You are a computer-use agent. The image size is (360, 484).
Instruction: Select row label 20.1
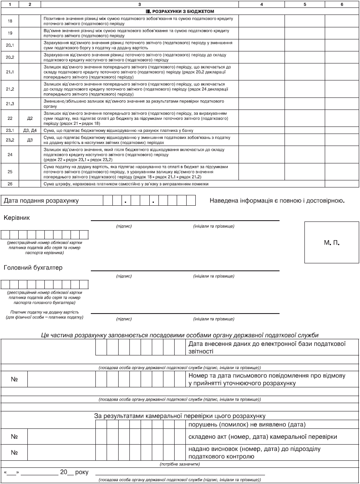coord(10,45)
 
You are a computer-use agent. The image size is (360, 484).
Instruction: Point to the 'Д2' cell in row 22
coord(30,118)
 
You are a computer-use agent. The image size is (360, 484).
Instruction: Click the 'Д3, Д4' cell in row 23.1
coord(30,130)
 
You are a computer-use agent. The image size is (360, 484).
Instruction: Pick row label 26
coord(10,183)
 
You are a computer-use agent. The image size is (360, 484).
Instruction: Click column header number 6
coord(342,4)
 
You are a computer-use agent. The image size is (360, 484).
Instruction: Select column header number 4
coord(261,4)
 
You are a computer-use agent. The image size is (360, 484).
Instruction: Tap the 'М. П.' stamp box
coord(332,242)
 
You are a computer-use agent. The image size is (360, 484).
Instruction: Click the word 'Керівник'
coord(17,217)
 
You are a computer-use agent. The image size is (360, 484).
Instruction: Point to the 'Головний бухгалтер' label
coord(33,268)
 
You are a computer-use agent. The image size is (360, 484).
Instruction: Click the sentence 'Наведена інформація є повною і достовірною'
coord(277,201)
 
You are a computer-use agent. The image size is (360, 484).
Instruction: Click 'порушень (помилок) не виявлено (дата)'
coord(247,425)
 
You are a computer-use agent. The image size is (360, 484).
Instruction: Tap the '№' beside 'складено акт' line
coord(14,436)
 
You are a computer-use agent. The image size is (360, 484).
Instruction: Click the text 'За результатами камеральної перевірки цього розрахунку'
coord(180,416)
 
